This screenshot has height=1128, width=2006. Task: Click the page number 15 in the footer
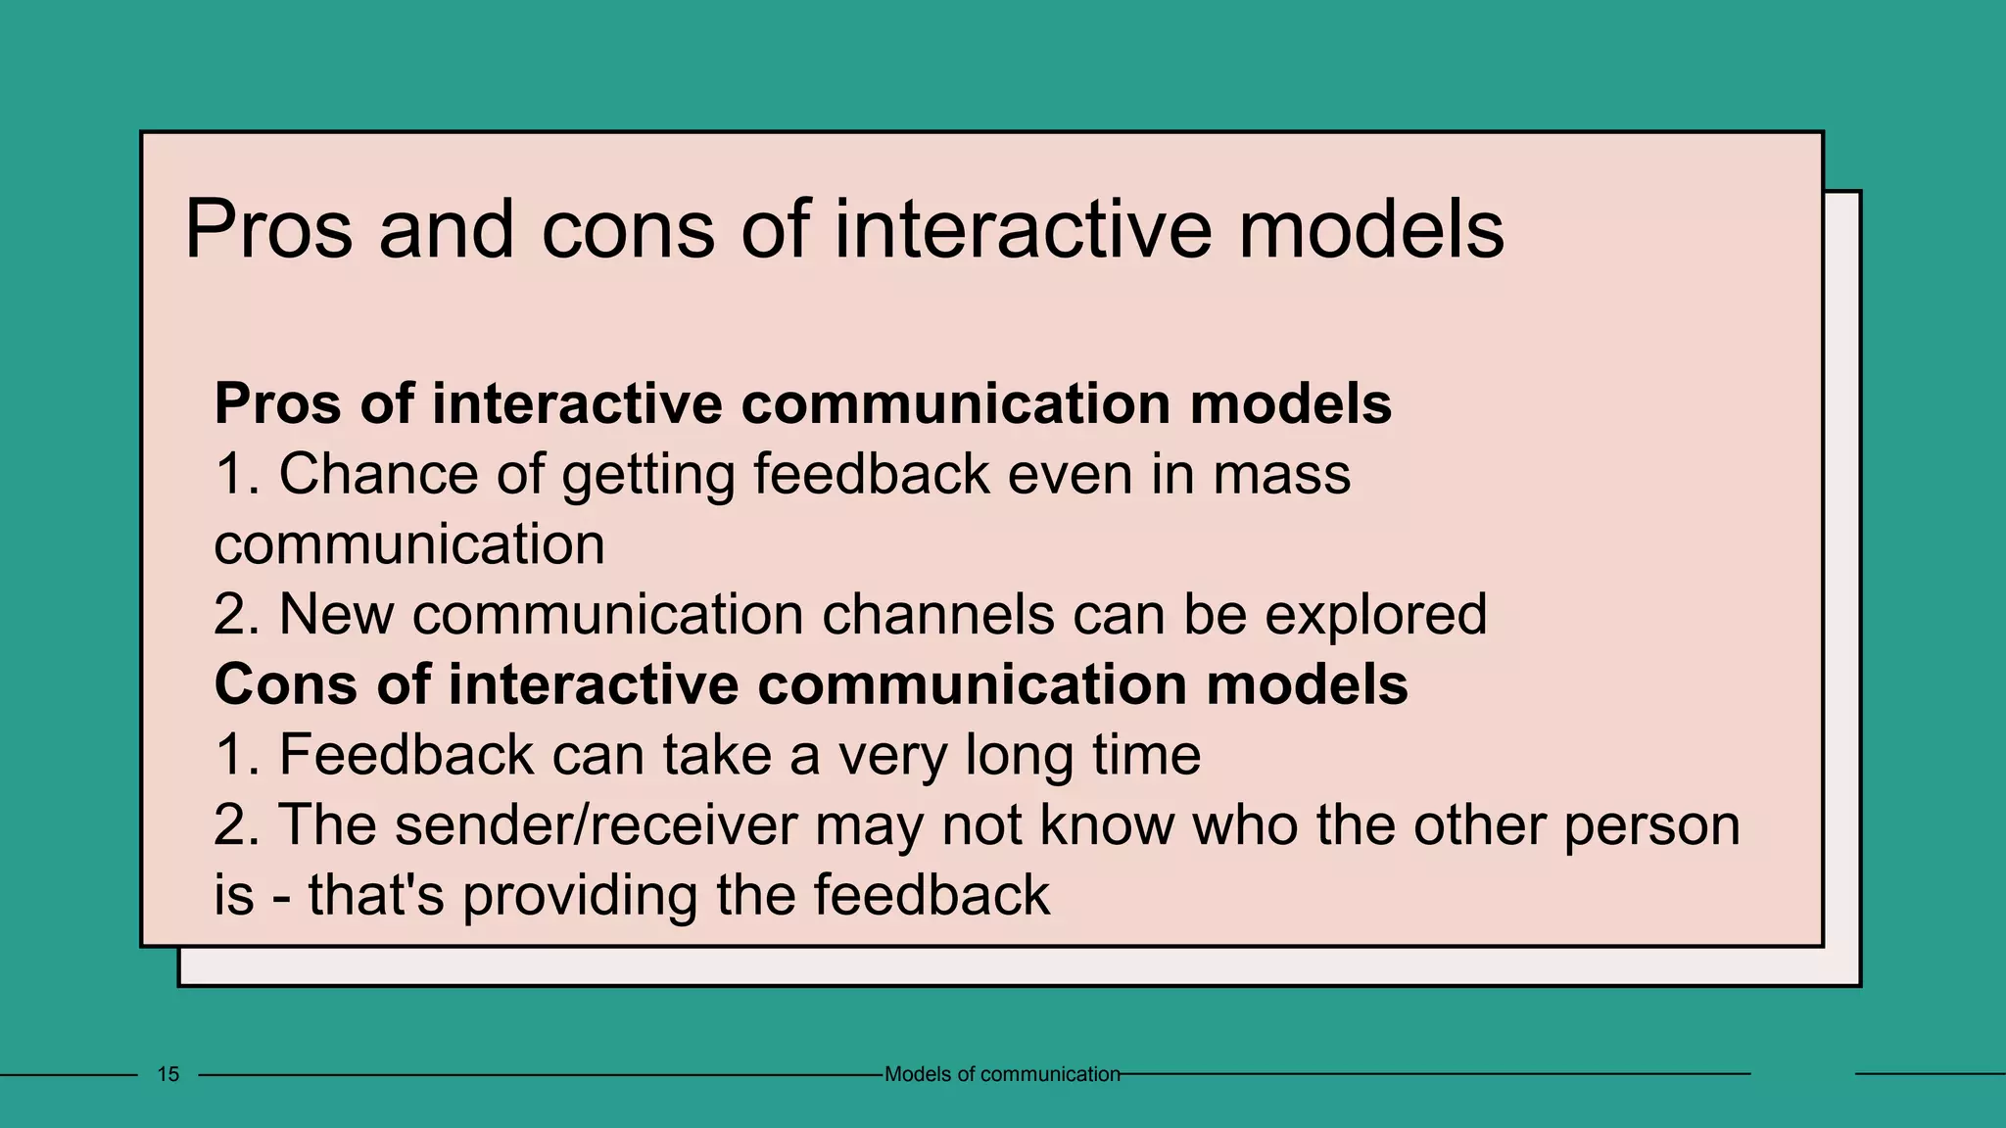tap(168, 1074)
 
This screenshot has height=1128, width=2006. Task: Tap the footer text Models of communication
tap(1001, 1074)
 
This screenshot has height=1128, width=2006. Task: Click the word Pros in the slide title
tap(267, 230)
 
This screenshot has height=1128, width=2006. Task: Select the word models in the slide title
tap(1370, 230)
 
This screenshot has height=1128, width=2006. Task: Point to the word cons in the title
tap(627, 230)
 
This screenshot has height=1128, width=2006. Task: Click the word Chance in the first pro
tap(379, 475)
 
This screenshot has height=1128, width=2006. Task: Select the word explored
tap(1375, 616)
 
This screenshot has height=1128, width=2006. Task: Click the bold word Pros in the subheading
tap(278, 403)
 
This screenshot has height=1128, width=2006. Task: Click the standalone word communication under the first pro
tap(409, 544)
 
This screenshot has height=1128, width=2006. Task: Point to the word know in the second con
tap(1106, 825)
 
